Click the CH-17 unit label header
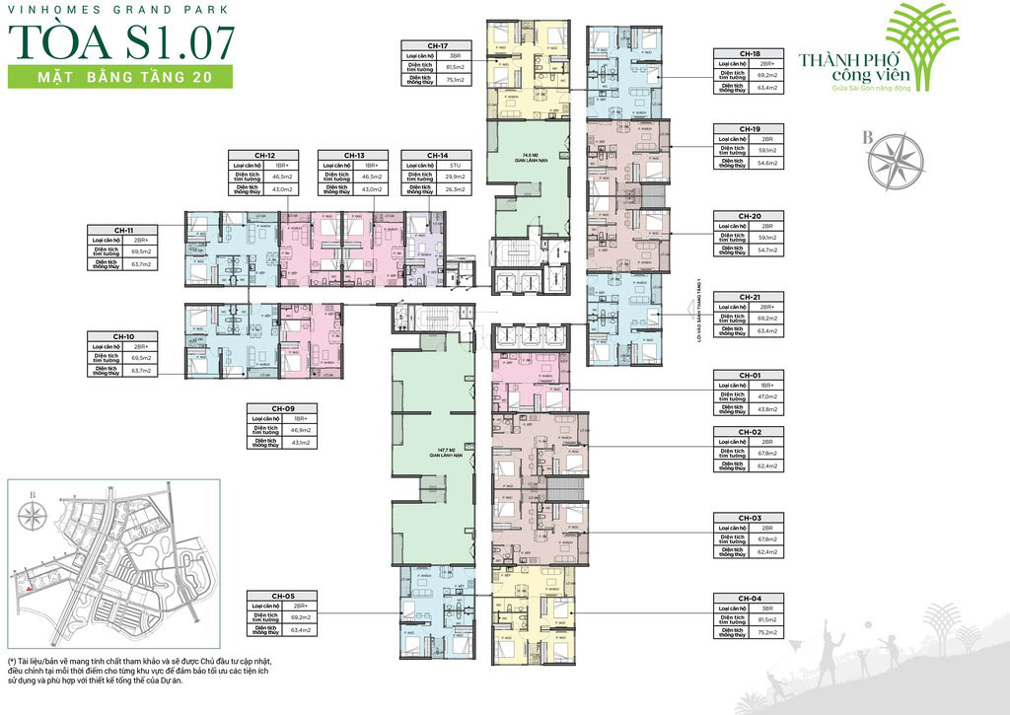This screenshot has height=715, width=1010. tap(439, 45)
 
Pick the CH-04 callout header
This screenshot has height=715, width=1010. tap(750, 599)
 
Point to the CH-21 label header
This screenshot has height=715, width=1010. tap(750, 297)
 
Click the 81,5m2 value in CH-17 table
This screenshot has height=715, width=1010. tap(455, 67)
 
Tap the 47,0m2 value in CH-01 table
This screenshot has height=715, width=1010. tap(766, 395)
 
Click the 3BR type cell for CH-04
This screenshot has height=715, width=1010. tap(766, 609)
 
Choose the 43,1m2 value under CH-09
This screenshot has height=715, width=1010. tap(299, 443)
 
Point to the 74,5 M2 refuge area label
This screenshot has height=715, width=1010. tap(529, 156)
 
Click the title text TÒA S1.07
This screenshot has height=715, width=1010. tap(121, 40)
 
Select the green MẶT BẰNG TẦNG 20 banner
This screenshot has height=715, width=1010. tap(119, 77)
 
